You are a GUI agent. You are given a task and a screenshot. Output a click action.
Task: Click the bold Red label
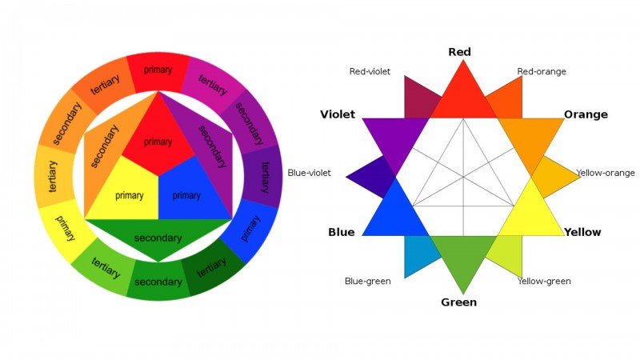[459, 52]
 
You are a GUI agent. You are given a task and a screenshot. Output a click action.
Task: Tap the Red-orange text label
[542, 71]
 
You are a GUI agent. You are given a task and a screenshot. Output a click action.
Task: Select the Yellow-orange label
[606, 173]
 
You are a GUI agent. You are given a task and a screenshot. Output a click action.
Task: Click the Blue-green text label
[367, 281]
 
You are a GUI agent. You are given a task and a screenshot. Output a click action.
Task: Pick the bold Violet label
[338, 114]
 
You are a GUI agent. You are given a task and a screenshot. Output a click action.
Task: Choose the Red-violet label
[370, 71]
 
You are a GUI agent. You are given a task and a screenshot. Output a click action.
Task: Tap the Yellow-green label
[544, 281]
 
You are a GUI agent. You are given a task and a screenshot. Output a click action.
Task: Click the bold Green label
[459, 302]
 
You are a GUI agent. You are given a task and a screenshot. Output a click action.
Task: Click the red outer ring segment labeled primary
[158, 70]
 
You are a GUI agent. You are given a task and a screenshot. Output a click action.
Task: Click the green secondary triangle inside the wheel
[158, 238]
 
